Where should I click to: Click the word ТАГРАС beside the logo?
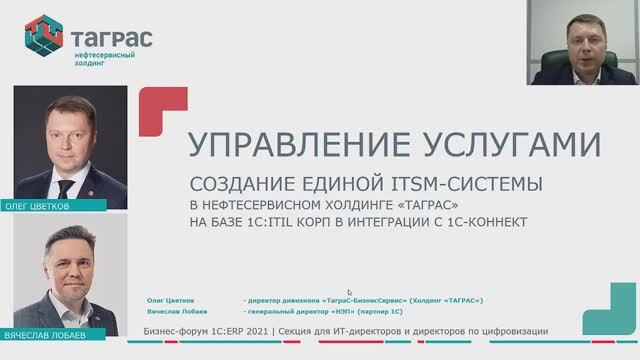click(x=113, y=39)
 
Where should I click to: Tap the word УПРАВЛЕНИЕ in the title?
click(x=290, y=145)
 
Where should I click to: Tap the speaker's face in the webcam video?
click(x=573, y=39)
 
